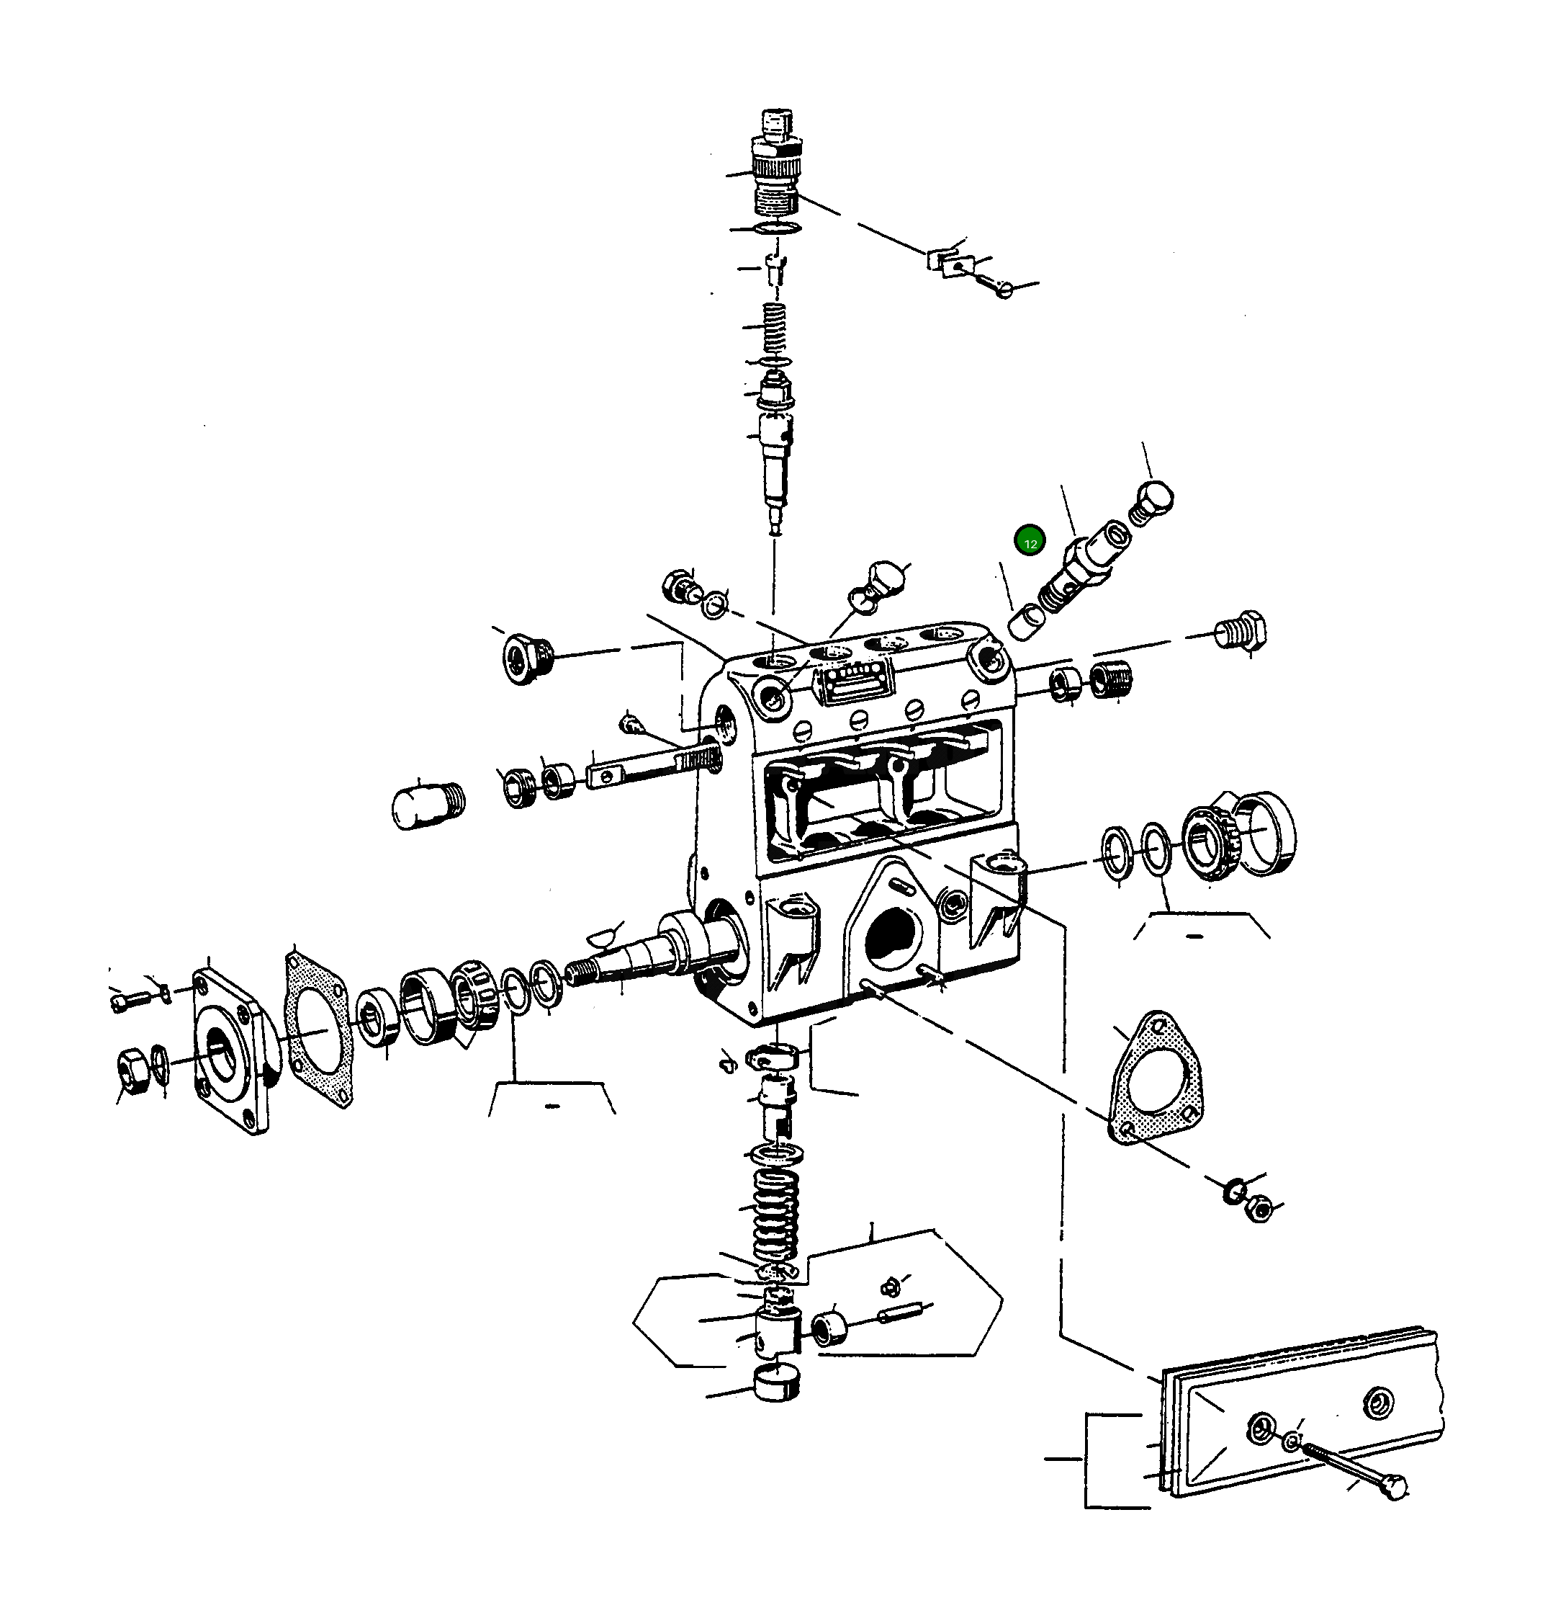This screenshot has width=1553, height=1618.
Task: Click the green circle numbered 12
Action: pyautogui.click(x=1030, y=542)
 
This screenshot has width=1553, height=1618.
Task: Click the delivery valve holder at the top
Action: pyautogui.click(x=775, y=169)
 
